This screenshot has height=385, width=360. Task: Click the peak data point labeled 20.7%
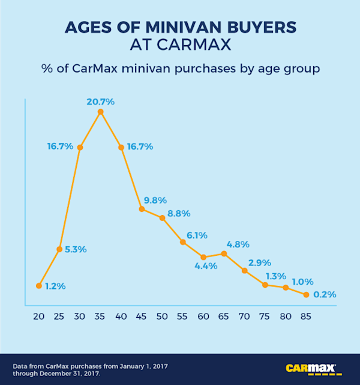(100, 112)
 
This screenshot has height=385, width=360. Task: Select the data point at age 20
(39, 286)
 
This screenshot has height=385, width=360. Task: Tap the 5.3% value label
(76, 249)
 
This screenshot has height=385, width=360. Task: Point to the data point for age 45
(142, 209)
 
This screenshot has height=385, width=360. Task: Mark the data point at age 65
(224, 253)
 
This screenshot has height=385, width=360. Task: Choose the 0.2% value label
(325, 295)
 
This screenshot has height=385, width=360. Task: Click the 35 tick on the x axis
(100, 315)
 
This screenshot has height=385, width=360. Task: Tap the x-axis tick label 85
(307, 315)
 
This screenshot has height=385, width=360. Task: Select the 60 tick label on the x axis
(203, 315)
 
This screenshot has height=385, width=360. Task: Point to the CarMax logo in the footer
(310, 367)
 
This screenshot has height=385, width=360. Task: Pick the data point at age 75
(265, 285)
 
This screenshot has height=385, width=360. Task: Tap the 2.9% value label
(260, 262)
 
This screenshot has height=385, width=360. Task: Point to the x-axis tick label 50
(163, 315)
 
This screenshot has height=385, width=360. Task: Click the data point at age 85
(307, 295)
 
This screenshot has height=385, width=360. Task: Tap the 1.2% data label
(55, 286)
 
